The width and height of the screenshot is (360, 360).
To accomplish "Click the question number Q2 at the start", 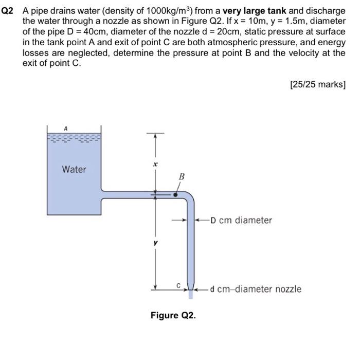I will coord(8,11).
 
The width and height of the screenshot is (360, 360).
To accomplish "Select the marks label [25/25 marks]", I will coord(317,84).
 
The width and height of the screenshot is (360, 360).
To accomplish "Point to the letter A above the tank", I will coord(65,128).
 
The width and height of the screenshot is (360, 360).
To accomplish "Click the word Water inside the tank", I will coord(74,169).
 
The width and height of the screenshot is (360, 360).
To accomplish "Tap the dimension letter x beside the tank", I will coord(155,165).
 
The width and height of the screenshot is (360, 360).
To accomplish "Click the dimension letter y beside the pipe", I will coord(155,242).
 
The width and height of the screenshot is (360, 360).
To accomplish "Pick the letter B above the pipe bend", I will coord(181,177).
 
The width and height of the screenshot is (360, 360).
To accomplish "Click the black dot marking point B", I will coord(175,195).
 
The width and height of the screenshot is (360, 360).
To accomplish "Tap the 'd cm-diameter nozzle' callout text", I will coord(256,289).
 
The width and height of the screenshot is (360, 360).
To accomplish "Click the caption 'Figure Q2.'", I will coord(173,315).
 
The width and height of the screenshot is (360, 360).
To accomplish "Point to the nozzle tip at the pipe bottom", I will coord(191,293).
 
